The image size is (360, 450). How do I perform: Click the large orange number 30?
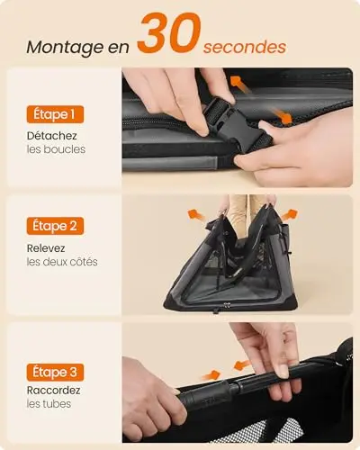pos(169,32)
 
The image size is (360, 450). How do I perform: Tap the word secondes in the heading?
pos(245,48)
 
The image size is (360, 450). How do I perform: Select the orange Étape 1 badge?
pos(55,114)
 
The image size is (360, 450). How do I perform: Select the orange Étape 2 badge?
pos(55,226)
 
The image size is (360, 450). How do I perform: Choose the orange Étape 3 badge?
pos(55,372)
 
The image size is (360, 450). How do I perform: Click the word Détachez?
pos(51,136)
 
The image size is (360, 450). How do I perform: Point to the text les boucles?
pos(56,149)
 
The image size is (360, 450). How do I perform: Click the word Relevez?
pos(46,248)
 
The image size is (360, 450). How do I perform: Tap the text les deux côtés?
pos(62,262)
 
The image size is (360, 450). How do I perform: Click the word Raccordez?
pos(53,391)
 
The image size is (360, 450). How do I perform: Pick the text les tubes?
pos(49,404)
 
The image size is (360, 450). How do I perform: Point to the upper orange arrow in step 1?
pos(240,84)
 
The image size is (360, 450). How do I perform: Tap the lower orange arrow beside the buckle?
pos(283,116)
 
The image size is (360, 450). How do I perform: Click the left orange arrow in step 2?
pos(196,215)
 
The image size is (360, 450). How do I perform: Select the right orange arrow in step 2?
pos(289,215)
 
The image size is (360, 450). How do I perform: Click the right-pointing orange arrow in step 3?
pos(211,375)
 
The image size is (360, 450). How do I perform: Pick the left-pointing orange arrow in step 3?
pos(242,365)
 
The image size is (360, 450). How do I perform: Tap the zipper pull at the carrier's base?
pos(227,306)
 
